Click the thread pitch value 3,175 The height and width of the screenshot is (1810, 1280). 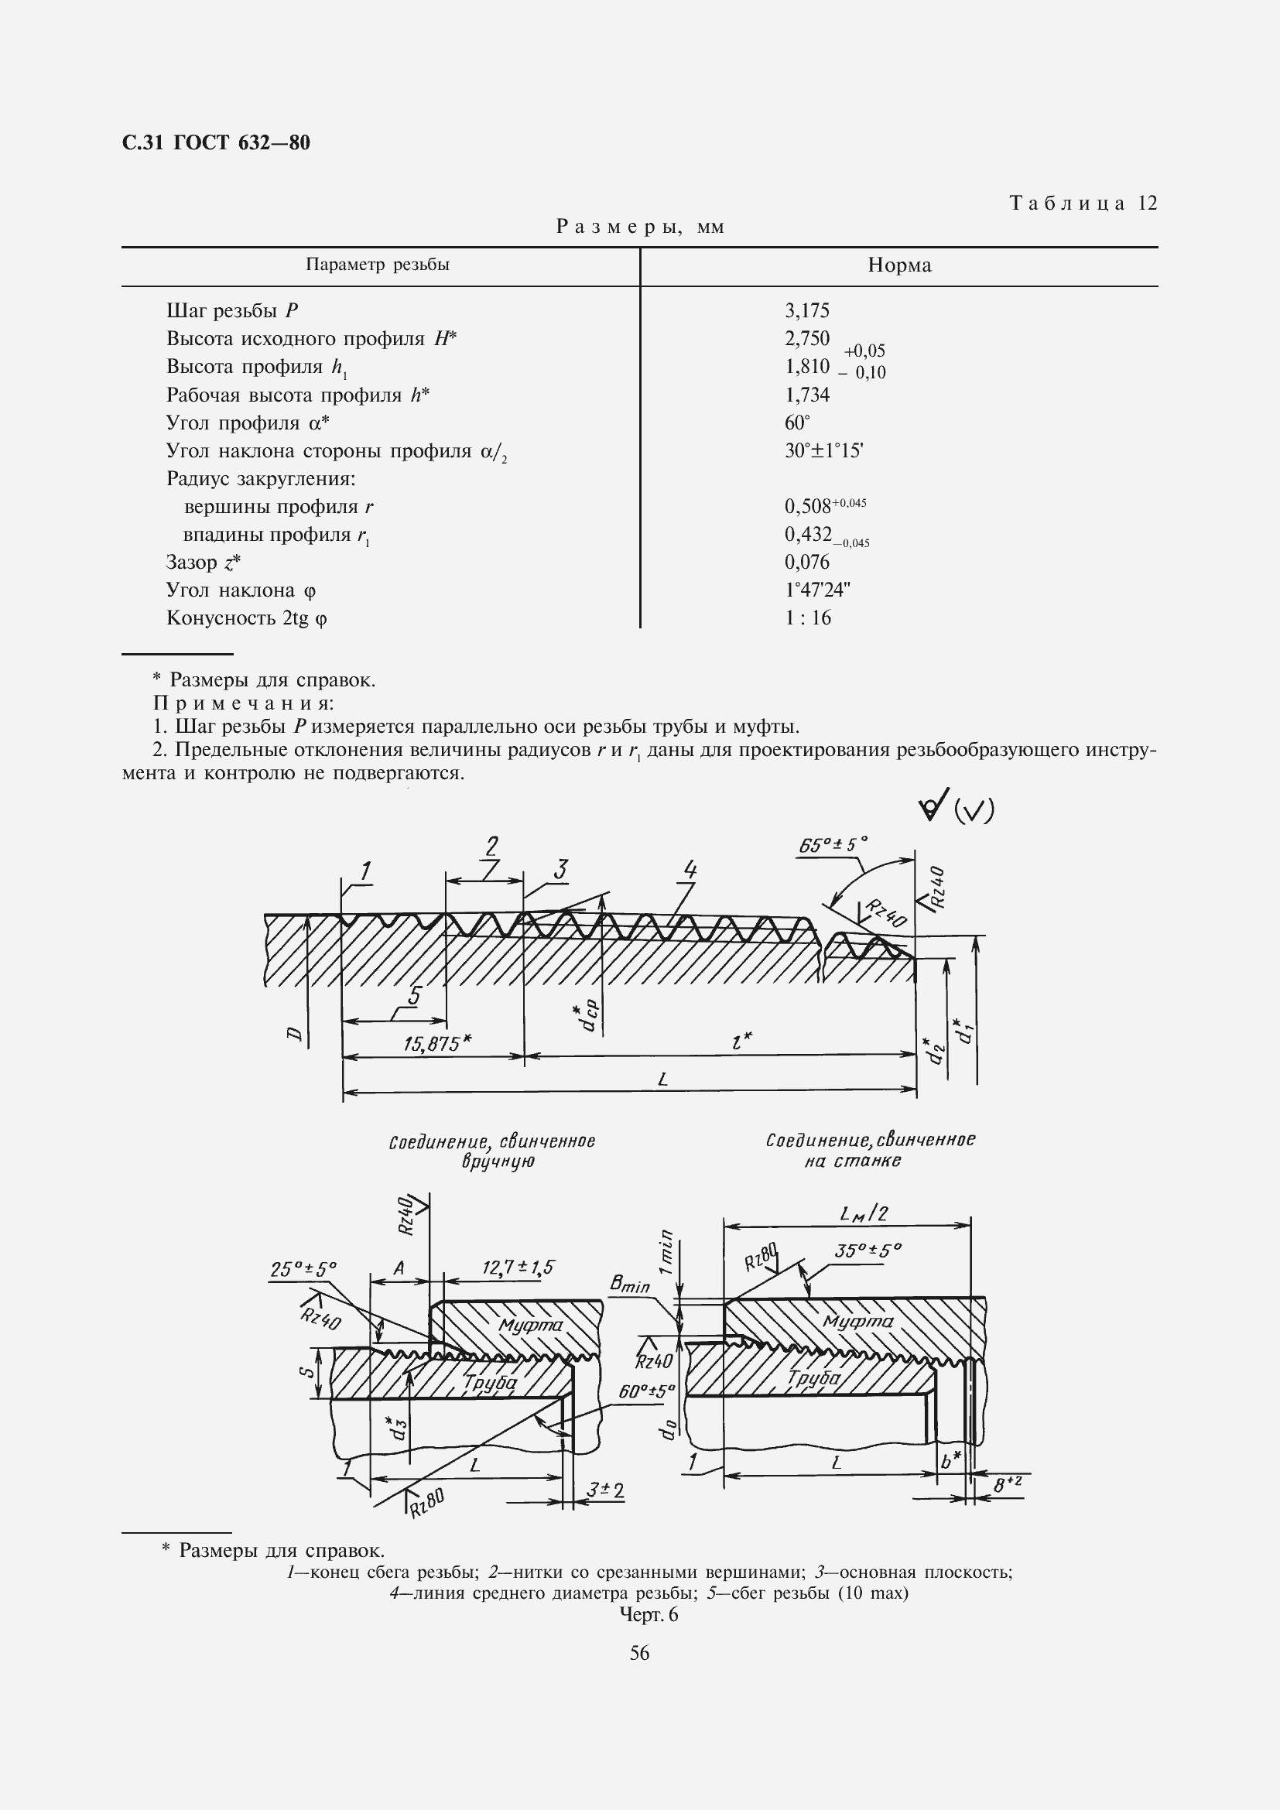[806, 310]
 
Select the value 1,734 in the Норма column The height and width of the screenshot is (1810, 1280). [806, 395]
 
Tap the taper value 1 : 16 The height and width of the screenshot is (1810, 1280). [807, 618]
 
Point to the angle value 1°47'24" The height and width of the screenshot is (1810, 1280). [816, 590]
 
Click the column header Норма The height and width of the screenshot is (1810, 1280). [898, 265]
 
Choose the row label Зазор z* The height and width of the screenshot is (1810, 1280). [203, 563]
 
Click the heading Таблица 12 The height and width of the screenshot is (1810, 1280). [1083, 204]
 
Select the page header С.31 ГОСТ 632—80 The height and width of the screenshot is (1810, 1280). [217, 142]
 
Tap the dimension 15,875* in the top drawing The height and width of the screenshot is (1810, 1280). [436, 1044]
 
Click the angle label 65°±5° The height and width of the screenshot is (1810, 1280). [833, 845]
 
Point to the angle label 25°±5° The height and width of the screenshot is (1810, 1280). [303, 1269]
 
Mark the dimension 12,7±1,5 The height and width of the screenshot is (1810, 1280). [518, 1268]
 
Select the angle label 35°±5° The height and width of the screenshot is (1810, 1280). [867, 1251]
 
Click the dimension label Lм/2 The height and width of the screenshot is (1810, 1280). [864, 1213]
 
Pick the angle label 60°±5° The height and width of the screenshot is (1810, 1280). [646, 1392]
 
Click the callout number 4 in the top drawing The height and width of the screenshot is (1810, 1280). [690, 871]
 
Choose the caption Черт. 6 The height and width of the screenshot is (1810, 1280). [649, 1614]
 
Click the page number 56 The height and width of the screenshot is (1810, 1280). [639, 1653]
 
